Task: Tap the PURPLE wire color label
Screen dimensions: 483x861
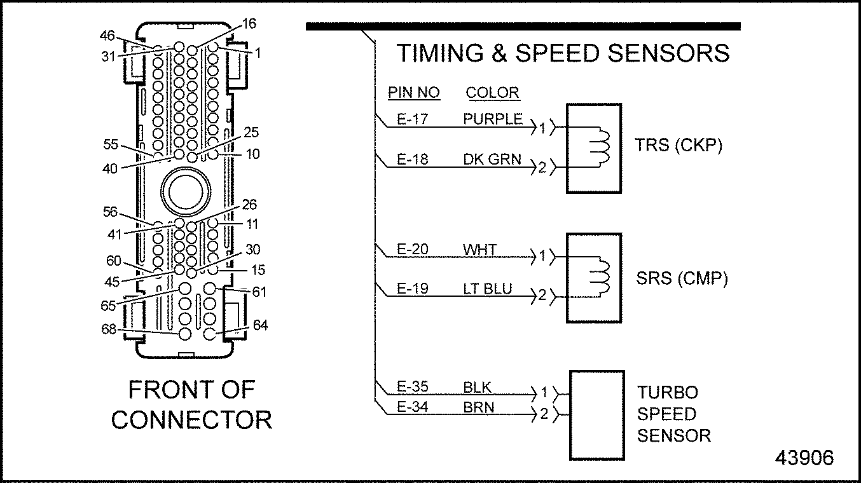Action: [x=493, y=119]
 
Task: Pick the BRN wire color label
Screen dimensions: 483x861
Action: [x=479, y=407]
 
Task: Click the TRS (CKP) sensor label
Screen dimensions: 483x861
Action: [x=678, y=146]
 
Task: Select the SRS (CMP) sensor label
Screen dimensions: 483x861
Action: [x=682, y=278]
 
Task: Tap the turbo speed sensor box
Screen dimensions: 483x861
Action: [x=596, y=414]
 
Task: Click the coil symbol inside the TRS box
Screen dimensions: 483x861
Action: [x=600, y=147]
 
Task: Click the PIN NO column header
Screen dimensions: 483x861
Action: [x=414, y=93]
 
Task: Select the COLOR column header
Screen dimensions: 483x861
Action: [x=492, y=93]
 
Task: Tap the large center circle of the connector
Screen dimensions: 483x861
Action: [x=185, y=189]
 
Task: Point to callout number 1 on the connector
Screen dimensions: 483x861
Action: [x=258, y=53]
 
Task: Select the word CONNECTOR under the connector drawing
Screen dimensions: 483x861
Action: [x=191, y=419]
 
